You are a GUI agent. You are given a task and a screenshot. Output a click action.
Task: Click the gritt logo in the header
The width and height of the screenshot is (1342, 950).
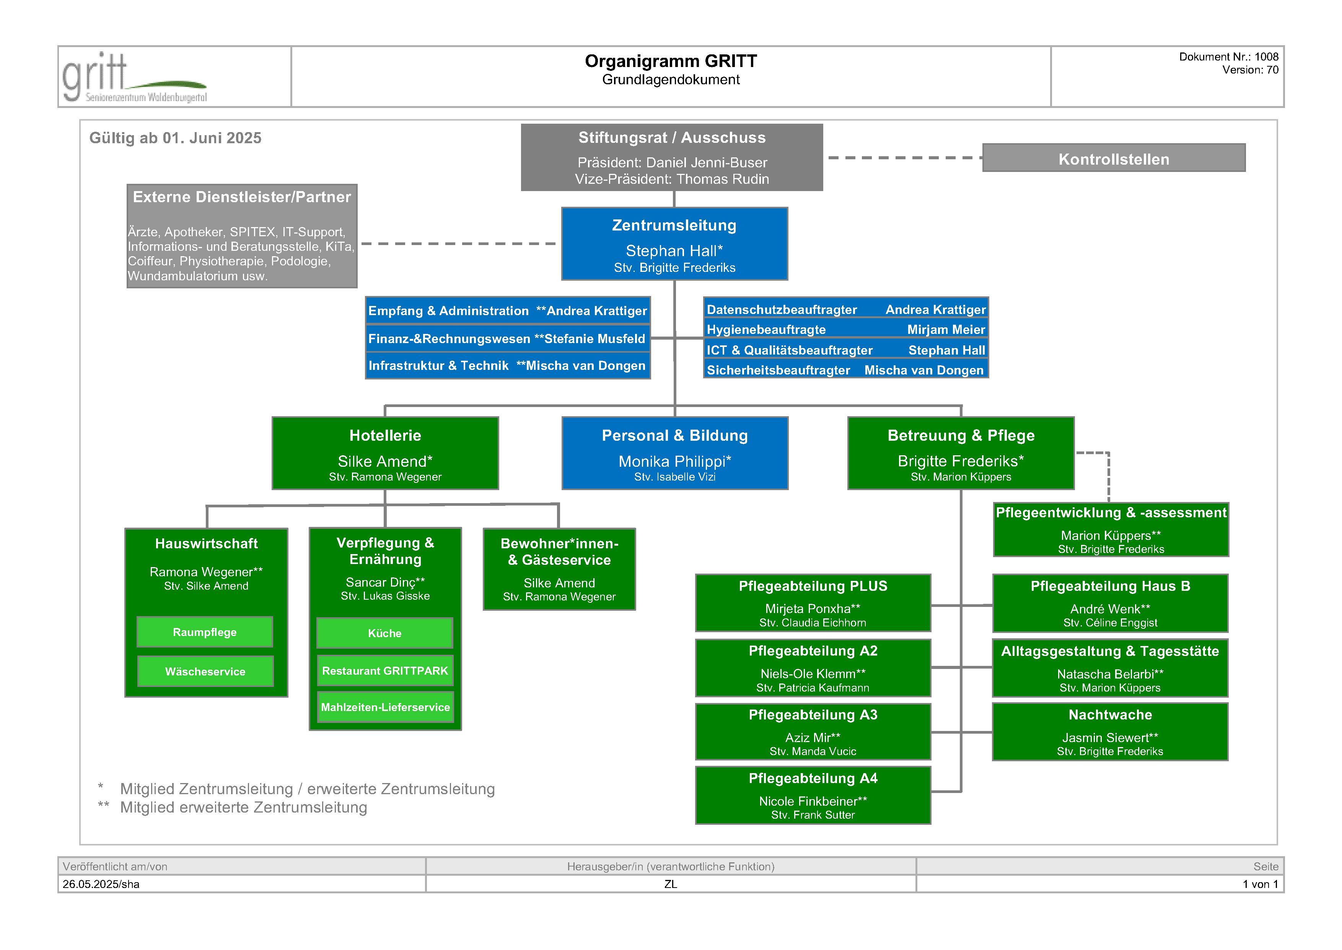click(134, 78)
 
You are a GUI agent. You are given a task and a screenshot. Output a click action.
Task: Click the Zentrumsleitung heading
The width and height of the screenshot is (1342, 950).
click(674, 226)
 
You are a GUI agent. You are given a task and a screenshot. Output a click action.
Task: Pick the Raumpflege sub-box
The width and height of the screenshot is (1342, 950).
click(205, 632)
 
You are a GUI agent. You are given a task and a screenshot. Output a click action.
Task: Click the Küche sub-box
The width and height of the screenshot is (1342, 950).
click(384, 633)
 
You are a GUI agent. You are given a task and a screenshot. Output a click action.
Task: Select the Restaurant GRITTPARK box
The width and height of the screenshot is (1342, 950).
click(384, 671)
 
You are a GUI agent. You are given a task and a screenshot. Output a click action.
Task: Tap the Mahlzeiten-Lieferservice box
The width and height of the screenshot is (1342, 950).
click(385, 707)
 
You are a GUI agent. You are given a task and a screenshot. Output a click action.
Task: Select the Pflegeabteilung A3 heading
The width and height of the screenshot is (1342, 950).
click(813, 715)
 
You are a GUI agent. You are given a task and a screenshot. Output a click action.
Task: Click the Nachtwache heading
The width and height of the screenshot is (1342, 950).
click(1110, 715)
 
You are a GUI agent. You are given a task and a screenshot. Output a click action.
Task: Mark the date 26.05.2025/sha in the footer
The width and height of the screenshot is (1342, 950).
click(101, 884)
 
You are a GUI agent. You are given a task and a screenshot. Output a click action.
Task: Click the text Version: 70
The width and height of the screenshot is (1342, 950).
click(1250, 70)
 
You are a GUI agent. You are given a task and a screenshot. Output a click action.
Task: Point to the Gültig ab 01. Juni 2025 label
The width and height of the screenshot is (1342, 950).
click(175, 138)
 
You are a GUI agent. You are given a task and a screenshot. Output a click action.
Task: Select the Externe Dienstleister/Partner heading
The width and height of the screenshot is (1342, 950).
click(241, 197)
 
